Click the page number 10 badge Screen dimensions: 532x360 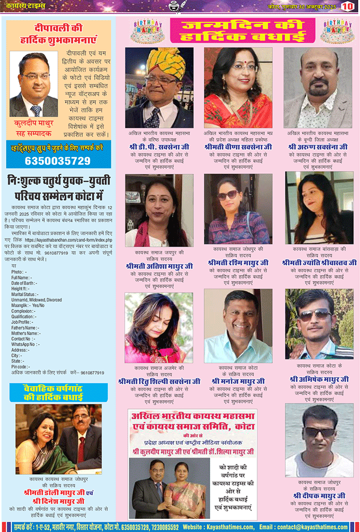347,7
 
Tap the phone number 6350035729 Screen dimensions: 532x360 58,161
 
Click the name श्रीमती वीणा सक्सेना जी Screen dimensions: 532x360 237,147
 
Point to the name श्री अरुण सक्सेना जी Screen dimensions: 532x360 318,147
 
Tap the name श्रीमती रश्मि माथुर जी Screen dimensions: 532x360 238,262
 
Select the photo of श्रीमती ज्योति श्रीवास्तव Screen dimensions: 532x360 319,208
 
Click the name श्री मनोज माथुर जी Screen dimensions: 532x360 237,381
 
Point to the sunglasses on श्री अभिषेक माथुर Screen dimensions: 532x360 314,314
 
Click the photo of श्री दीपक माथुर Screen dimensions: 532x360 319,441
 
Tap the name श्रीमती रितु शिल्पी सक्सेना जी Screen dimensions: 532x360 158,381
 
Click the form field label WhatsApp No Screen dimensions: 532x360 25,344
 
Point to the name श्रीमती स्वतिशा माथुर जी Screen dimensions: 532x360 158,266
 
